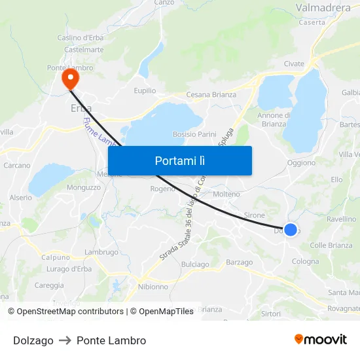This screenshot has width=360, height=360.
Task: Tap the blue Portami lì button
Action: [x=179, y=160]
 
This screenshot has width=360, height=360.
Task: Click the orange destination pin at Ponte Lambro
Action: [x=69, y=79]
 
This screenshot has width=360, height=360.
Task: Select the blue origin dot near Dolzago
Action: [x=291, y=229]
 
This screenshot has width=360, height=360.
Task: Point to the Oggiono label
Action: [x=301, y=163]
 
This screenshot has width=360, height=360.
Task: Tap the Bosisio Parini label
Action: [x=194, y=134]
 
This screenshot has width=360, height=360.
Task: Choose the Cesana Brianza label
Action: [x=211, y=95]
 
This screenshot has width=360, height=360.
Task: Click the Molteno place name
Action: [x=226, y=194]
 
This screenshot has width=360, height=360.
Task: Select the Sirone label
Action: [x=254, y=215]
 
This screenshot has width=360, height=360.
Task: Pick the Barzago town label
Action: [x=239, y=262]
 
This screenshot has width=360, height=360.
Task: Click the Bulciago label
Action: [x=195, y=264]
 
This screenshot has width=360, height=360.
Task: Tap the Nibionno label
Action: [x=153, y=287]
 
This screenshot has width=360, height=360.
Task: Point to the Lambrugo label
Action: [x=101, y=252]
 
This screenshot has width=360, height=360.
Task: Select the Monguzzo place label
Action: [x=83, y=187]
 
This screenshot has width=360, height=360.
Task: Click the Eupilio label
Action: [x=145, y=90]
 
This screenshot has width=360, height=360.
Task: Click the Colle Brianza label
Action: [x=331, y=245]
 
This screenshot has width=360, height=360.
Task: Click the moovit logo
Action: [x=321, y=339]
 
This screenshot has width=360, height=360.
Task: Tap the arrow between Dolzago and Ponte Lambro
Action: [x=65, y=340]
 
